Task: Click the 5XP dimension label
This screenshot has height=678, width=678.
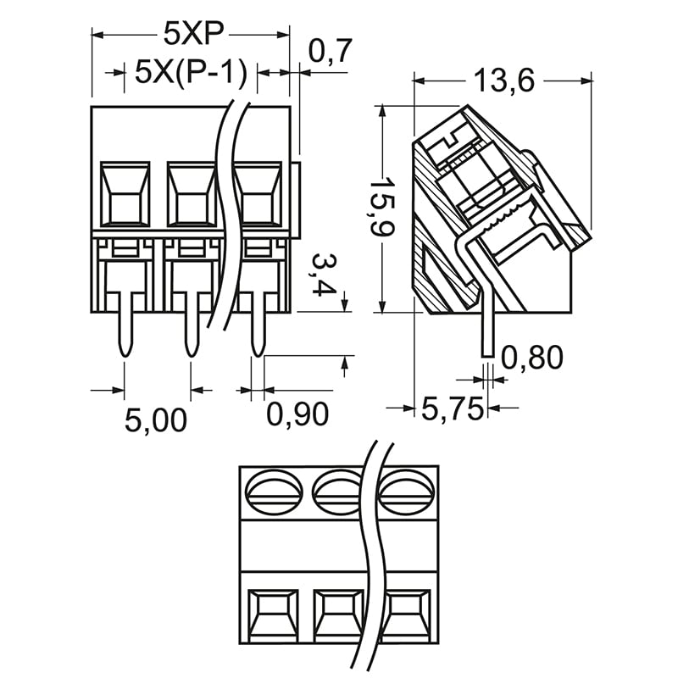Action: [x=192, y=34]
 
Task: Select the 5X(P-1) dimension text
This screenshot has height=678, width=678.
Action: [x=191, y=73]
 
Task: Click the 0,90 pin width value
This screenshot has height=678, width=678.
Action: [x=297, y=414]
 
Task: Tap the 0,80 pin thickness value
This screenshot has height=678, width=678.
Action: [x=532, y=358]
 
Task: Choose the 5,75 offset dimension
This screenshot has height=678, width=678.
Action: [x=453, y=409]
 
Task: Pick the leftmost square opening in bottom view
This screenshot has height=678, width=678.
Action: [x=274, y=615]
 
